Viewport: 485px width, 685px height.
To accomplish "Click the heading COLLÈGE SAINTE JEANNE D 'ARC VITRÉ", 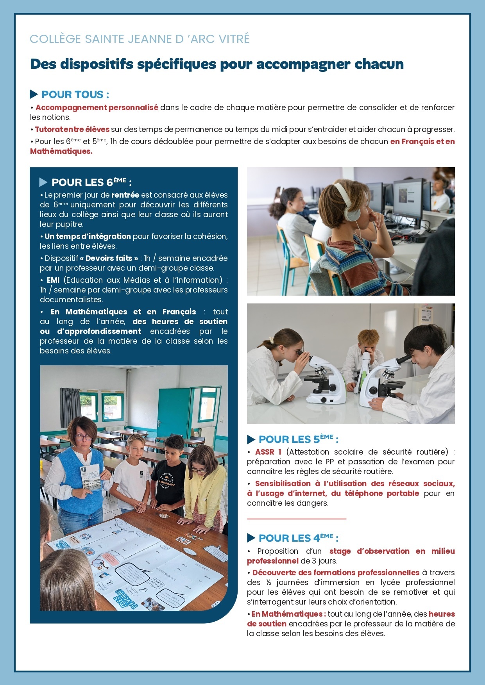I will pos(140,39).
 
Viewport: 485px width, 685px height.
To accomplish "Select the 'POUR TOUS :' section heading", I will pos(75,95).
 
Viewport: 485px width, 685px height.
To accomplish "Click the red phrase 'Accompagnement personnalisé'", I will pos(97,107).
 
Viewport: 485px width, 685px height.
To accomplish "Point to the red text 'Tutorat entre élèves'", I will pos(72,129).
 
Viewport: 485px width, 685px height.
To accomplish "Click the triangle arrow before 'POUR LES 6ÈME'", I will pos(43,182).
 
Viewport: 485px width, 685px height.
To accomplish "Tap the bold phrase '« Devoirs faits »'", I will pos(109,258).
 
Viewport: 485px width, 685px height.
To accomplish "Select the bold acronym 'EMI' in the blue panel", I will pos(53,280).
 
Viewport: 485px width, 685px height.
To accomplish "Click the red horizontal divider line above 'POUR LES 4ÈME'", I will pos(296,519).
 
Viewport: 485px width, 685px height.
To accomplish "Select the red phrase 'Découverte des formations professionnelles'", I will pos(335,573).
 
